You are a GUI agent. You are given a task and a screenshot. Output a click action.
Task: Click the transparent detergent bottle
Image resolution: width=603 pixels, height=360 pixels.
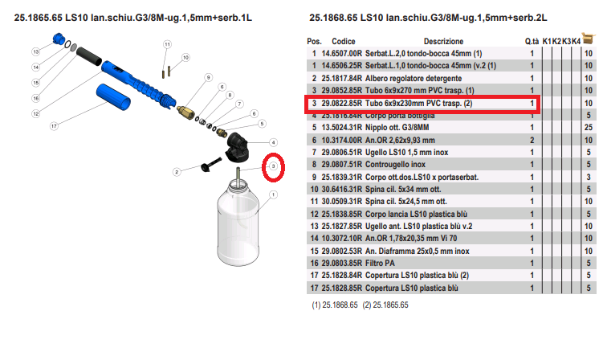[x=238, y=222]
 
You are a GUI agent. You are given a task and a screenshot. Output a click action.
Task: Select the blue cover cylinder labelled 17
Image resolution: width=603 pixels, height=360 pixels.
[x=113, y=97]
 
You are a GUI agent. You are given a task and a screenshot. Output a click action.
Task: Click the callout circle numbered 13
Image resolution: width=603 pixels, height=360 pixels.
[x=36, y=51]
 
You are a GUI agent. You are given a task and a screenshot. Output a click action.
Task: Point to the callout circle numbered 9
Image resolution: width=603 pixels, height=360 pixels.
[x=208, y=77]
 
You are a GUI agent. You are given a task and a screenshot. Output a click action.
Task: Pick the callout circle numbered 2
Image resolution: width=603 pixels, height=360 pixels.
[x=177, y=172]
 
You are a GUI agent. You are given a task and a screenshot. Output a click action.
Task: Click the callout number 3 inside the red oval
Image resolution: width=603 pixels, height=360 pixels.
[x=273, y=166]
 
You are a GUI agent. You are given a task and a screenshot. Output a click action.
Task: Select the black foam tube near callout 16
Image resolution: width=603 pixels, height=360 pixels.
[x=89, y=56]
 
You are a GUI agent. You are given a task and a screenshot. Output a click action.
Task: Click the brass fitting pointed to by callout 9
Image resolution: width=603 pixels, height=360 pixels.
[x=185, y=112]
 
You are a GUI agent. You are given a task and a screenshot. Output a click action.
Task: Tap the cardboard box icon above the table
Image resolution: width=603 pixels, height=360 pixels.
[x=588, y=38]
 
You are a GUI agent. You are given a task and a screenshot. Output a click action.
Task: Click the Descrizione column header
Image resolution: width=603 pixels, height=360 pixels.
[x=443, y=41]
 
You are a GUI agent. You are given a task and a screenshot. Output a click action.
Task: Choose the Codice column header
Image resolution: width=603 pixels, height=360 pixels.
[x=344, y=41]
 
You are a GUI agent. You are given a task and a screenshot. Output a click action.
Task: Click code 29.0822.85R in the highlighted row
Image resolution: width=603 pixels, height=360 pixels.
[x=342, y=103]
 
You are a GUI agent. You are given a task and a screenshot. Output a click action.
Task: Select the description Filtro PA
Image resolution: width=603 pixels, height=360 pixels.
[x=380, y=263]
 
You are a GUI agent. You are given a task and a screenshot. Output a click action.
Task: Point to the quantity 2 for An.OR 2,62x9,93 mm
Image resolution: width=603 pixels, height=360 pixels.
[x=532, y=140]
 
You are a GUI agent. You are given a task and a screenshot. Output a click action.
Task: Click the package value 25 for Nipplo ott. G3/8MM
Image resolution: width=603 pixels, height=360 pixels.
[x=589, y=128]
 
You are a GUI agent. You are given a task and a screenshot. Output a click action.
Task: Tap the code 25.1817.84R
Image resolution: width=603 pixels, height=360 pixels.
[x=342, y=78]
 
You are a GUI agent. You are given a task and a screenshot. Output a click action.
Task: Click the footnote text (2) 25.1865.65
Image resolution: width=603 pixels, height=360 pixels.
[x=385, y=305]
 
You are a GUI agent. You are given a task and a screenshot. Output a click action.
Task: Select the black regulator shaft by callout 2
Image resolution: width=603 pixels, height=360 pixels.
[x=211, y=165]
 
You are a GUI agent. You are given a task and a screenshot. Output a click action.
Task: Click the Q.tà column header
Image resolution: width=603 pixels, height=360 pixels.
[x=532, y=41]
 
